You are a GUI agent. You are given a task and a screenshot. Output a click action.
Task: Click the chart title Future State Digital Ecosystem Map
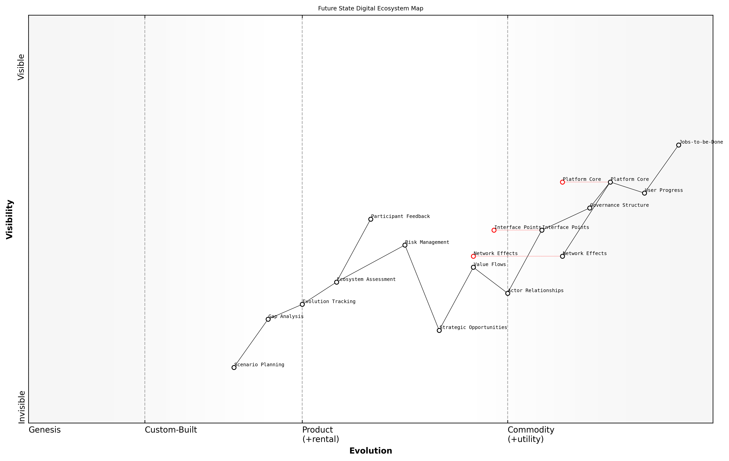[370, 8]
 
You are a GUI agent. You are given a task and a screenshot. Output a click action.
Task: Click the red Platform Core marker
[562, 182]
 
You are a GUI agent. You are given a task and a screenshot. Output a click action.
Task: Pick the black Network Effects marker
[562, 256]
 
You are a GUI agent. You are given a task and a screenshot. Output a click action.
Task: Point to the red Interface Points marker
[494, 230]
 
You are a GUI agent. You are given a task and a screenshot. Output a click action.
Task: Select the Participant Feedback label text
[400, 216]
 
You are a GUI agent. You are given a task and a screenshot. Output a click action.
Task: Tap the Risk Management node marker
[405, 245]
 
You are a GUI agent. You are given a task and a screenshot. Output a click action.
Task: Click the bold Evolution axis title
[370, 451]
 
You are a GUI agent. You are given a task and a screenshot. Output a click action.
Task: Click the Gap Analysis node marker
[268, 319]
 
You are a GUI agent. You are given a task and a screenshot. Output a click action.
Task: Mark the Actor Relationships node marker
[508, 293]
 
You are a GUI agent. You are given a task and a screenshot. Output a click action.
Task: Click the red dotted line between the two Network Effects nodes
[518, 256]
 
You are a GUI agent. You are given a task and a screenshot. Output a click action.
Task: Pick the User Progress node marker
[644, 193]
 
